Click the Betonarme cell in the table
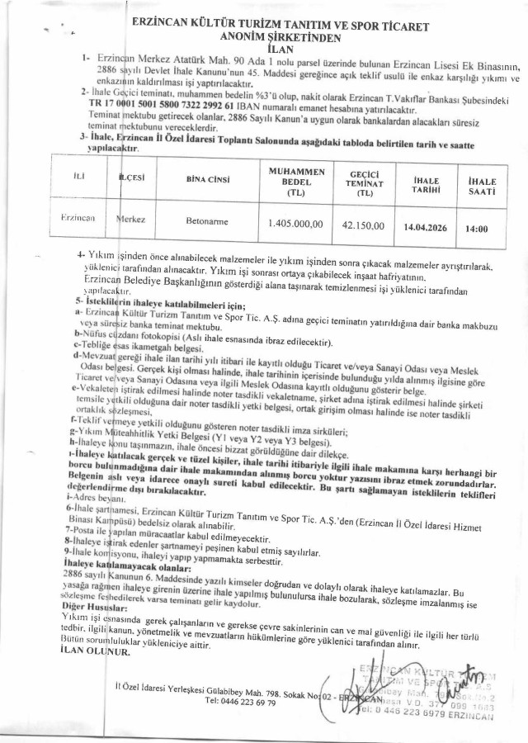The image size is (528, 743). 206,222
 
